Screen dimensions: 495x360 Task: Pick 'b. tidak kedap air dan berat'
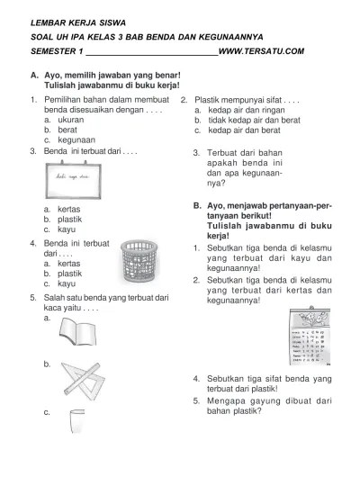tap(244, 119)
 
